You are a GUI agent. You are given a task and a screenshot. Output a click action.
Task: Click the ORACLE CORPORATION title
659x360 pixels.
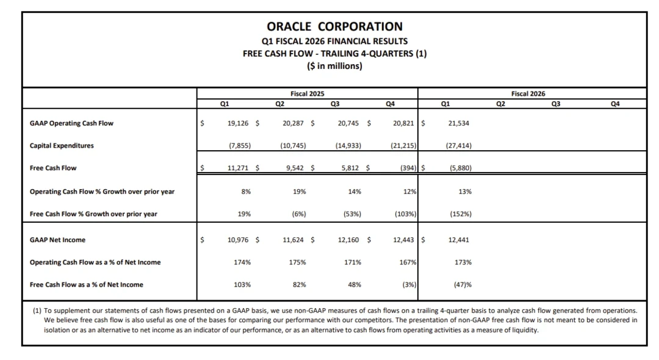(x=334, y=26)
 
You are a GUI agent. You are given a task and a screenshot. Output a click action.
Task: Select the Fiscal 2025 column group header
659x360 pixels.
(x=307, y=93)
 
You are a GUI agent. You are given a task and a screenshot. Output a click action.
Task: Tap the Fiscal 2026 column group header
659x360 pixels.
(x=528, y=93)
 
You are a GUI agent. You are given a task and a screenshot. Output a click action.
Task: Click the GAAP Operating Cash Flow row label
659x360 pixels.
(x=71, y=123)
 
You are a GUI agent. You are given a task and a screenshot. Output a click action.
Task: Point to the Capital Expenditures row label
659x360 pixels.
(x=62, y=146)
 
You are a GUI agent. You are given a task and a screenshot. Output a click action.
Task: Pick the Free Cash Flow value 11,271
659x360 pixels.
(x=237, y=168)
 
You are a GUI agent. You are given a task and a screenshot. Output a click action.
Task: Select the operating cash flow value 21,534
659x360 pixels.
(x=458, y=123)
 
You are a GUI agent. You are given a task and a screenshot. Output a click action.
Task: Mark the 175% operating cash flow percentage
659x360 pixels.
(x=297, y=262)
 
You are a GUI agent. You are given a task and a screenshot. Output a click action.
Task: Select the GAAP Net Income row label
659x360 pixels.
(x=58, y=240)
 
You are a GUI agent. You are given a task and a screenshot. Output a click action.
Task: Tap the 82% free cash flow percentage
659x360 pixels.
(x=299, y=284)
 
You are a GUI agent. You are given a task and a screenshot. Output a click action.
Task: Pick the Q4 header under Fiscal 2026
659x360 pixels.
(x=614, y=104)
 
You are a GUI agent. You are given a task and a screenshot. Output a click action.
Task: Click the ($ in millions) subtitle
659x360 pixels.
(x=334, y=66)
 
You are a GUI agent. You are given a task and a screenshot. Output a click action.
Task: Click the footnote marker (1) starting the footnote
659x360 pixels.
(x=37, y=311)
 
